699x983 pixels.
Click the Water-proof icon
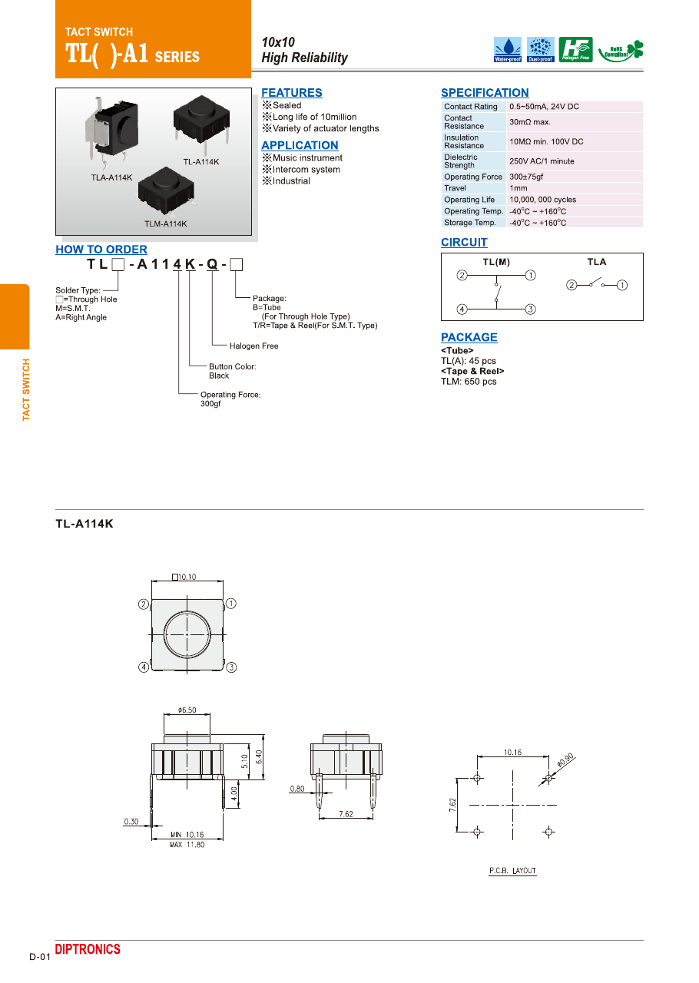pos(507,49)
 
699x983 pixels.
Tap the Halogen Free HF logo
pos(575,49)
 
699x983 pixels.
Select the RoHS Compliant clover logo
pos(621,50)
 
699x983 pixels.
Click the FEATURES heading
pos(292,93)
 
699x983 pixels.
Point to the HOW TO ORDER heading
pos(101,250)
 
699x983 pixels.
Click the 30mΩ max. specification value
pos(530,122)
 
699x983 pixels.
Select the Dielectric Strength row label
pos(461,161)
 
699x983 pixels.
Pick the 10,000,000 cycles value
pos(542,200)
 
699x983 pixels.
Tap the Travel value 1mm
pos(518,188)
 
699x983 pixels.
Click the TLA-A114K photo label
pos(107,177)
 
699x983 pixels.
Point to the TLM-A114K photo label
pos(165,224)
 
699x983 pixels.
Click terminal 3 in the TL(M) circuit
pos(530,309)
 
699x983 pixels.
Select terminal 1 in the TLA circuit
pos(622,286)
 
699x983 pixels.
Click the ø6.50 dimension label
pos(187,710)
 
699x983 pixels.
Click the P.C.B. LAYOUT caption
pos(512,871)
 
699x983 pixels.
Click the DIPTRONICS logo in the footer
pos(88,950)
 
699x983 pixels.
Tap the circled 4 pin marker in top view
pos(144,667)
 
